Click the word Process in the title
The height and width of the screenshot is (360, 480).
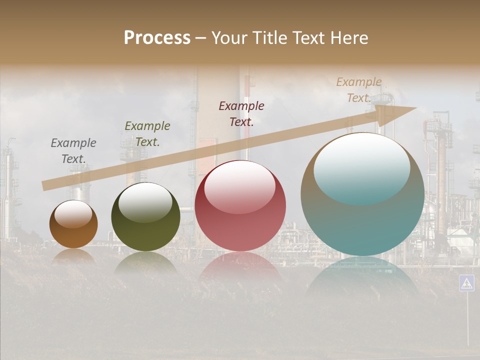point(157,38)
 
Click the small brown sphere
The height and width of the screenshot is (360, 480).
point(73,224)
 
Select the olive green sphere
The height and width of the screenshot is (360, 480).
point(145,217)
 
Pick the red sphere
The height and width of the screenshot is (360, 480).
point(240,206)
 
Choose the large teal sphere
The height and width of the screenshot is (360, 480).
point(362,194)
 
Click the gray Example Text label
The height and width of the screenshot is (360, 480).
point(73,151)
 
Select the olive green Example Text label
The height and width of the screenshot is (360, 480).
point(147,134)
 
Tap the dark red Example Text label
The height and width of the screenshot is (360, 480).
point(241,113)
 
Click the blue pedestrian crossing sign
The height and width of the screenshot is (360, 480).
point(466,283)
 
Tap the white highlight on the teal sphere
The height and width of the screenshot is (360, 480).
point(362,167)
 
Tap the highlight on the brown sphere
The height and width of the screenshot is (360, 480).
point(73,214)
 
